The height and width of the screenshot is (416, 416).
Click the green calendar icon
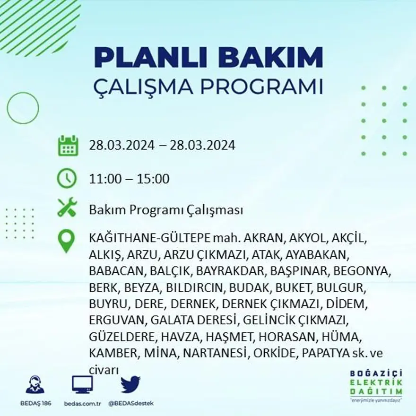coord(68,146)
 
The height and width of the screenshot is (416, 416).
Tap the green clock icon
coord(67,179)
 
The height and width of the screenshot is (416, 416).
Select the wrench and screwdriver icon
coord(67,208)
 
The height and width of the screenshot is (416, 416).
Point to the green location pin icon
coord(66,241)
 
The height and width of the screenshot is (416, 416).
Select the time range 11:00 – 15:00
coord(129,179)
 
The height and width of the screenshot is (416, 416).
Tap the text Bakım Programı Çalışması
coord(166,210)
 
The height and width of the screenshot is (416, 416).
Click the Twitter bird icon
coord(130,385)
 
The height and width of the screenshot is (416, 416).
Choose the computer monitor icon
coord(82,384)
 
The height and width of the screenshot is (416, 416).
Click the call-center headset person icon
coord(35,385)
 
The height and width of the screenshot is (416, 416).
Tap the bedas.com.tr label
coord(82,403)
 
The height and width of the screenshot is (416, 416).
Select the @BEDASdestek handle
coord(130,403)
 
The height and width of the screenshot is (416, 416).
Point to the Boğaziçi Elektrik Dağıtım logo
coord(376,385)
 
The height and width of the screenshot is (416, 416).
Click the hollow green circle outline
coord(23,108)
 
